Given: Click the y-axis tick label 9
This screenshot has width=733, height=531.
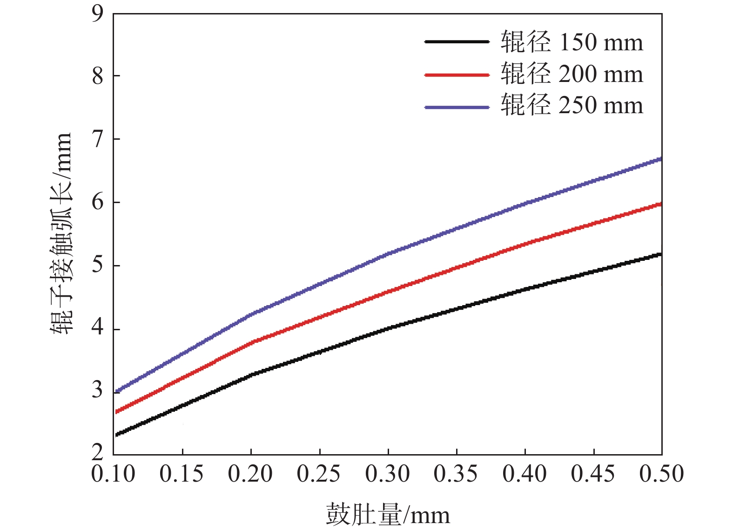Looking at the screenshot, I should coord(97,14).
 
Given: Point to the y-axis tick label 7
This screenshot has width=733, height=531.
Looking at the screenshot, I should coord(97,139).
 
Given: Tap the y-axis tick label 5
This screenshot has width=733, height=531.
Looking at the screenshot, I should coord(97,265).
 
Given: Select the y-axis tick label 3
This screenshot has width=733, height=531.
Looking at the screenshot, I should coord(97,390).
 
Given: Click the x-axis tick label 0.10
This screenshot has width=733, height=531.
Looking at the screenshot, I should coord(113,474).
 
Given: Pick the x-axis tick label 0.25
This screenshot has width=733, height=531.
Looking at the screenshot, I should coord(319,474).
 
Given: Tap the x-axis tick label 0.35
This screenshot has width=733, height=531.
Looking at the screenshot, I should coord(456,474).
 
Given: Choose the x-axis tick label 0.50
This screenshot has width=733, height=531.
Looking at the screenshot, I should coord(661,474).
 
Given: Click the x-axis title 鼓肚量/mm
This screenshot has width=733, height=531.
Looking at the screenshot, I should coord(388,515).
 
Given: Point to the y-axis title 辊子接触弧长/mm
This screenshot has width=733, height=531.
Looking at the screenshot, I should coord(61,233).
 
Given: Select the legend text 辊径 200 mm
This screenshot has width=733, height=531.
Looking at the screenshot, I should coord(572,74).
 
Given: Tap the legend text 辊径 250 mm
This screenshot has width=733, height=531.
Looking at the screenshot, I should coord(572,105).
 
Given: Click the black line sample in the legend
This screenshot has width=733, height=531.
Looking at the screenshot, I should coord(457,41).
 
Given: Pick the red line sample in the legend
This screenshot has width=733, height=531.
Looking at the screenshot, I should coord(457,75).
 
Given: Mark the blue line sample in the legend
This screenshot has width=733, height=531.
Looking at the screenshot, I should coord(457,107).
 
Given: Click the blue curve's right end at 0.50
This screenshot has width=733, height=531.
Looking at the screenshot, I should coord(660,159).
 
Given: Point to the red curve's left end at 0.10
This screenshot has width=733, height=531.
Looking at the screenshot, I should coord(116,412).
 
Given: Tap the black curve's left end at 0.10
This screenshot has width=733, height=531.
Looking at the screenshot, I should coord(116,435).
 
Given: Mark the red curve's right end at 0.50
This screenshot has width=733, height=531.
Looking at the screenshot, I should coord(660,204).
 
